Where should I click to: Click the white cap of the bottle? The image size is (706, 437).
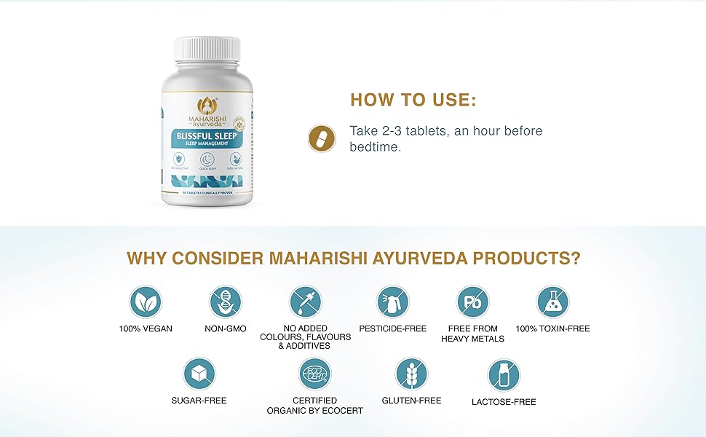click(207, 51)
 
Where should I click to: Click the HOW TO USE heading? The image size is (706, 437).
click(413, 101)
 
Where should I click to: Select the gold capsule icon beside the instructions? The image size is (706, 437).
click(321, 138)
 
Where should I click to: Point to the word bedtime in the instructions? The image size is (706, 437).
click(376, 146)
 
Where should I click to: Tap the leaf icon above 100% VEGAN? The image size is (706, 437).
click(146, 302)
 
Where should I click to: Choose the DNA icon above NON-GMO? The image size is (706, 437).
click(226, 302)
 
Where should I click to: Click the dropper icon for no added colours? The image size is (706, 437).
click(306, 302)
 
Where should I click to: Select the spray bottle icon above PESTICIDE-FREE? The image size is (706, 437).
click(393, 302)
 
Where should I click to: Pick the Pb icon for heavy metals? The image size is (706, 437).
click(472, 302)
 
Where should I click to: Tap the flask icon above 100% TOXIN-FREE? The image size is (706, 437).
click(552, 302)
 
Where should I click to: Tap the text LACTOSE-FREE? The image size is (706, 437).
click(504, 402)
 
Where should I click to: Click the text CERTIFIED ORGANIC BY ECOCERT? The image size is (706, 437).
click(315, 406)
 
